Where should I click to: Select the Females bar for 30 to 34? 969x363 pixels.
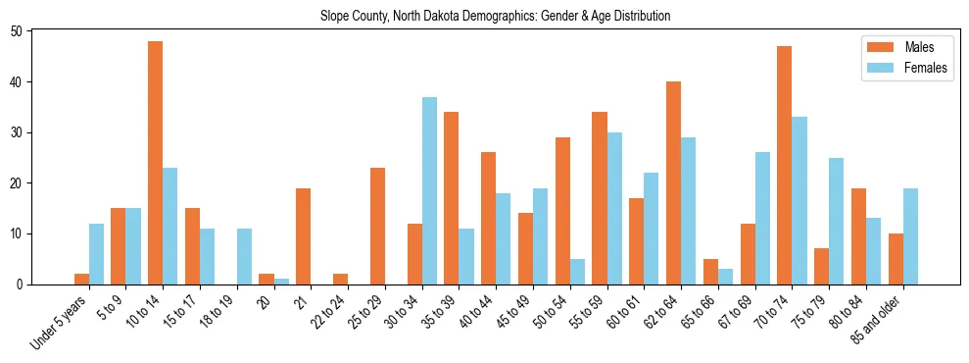coord(429,190)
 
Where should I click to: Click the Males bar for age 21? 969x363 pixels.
coord(304,235)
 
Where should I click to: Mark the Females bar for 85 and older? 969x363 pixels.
coord(910,235)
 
